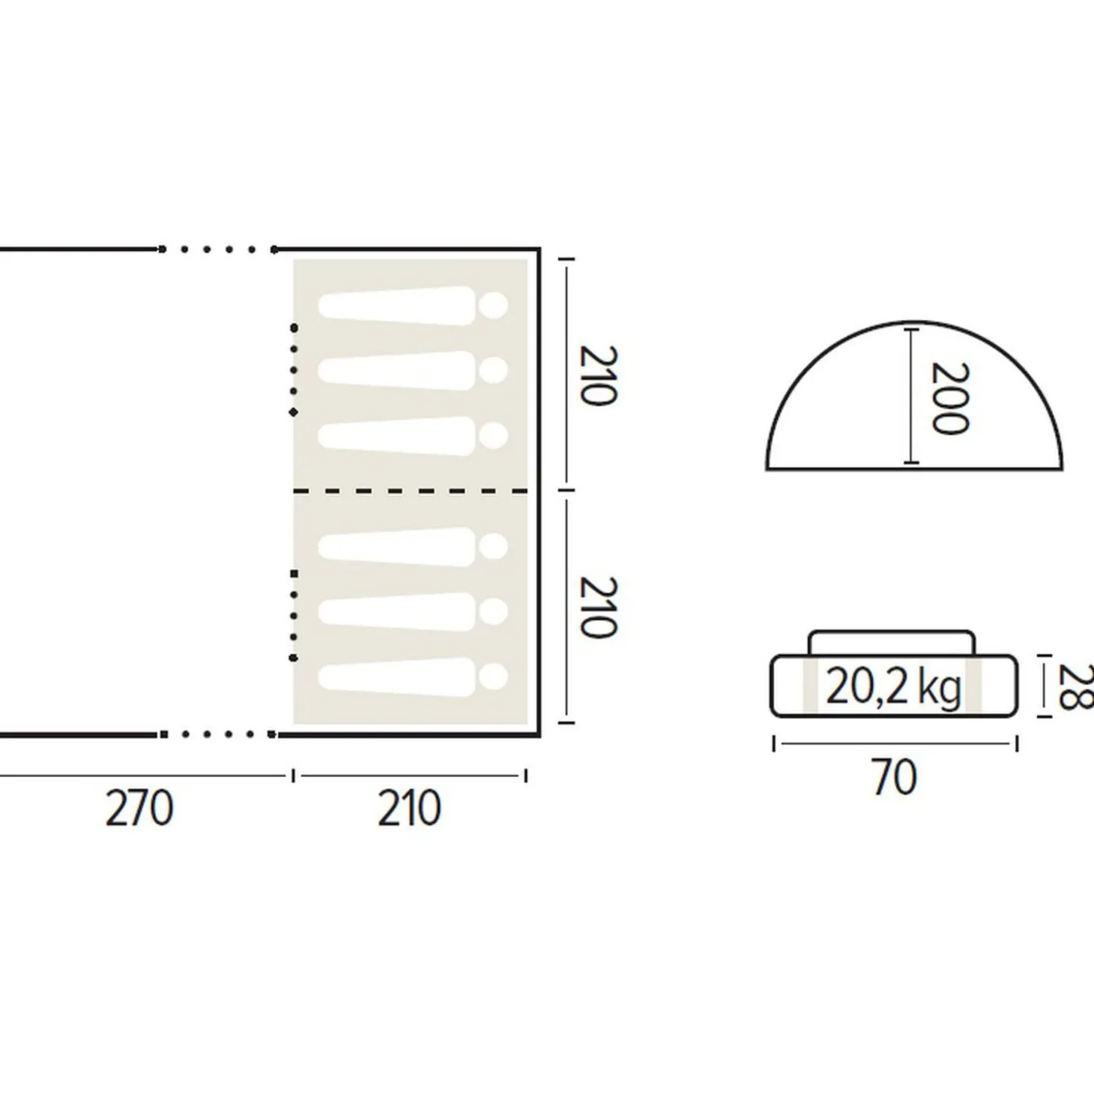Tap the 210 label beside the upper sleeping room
597,375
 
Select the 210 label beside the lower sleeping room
597,608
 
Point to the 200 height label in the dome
950,399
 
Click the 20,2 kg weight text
893,689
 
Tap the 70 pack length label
894,778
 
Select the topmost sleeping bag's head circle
493,306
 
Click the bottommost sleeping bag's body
396,676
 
